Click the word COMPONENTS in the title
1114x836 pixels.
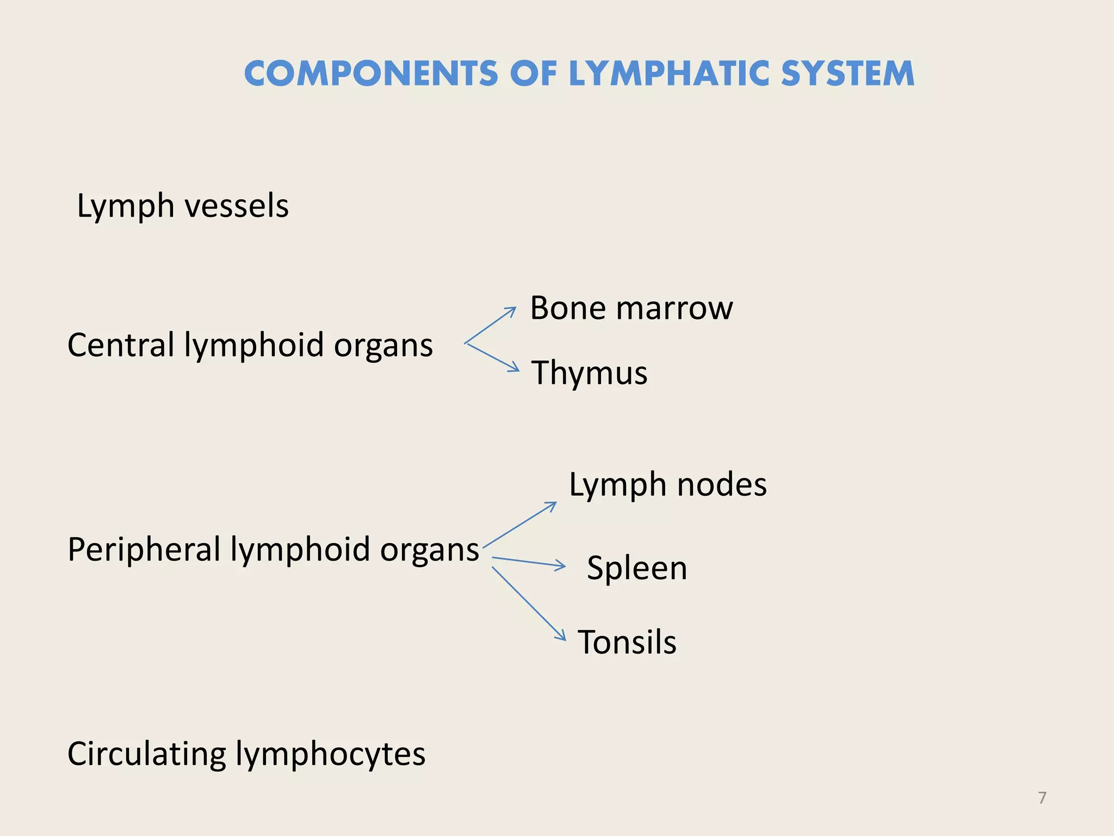coord(371,74)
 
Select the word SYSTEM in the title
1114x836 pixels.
coord(847,74)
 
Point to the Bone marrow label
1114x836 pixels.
coord(631,308)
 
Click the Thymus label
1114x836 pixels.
coord(589,373)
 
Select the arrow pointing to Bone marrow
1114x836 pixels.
coord(491,325)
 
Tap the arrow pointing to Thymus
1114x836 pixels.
coord(493,358)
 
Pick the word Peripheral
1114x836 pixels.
coord(144,549)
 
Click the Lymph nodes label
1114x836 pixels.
coord(667,484)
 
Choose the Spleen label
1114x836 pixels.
coord(636,568)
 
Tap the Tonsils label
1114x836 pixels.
coord(627,642)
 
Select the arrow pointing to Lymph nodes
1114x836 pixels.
coord(519,525)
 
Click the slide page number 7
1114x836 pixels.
coord(1042,798)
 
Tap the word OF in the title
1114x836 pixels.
coord(534,74)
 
